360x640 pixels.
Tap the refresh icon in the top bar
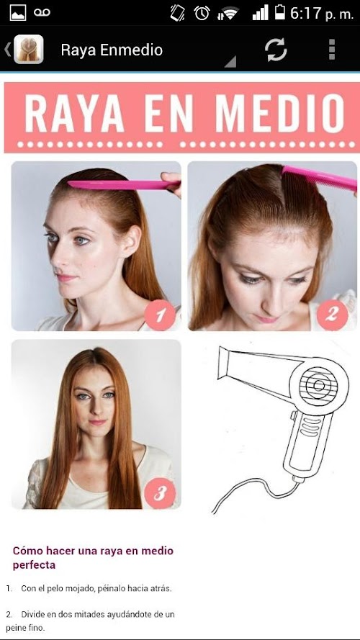(276, 50)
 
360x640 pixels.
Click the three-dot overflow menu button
(332, 50)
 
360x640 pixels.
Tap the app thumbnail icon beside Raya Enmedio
(29, 50)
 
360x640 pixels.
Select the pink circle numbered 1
(160, 315)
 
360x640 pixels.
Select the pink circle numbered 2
(332, 315)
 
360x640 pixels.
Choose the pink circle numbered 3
(160, 493)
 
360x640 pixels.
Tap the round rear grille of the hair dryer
(319, 386)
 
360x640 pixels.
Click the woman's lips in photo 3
(97, 423)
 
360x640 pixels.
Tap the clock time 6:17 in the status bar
(306, 14)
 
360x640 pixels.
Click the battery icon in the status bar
(280, 13)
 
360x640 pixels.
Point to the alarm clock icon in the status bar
(202, 14)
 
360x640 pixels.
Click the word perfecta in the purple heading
(34, 566)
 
